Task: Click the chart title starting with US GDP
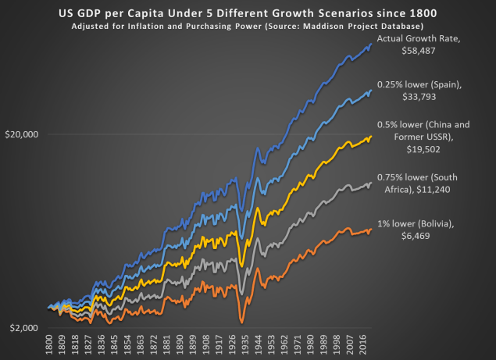coord(247,13)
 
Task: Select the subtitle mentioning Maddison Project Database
coord(247,26)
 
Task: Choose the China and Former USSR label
coord(422,134)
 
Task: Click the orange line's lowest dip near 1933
coord(241,322)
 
